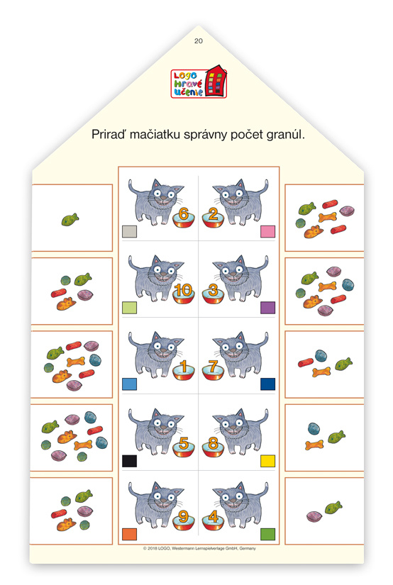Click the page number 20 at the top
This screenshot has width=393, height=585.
click(x=198, y=41)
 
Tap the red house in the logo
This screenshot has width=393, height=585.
click(x=216, y=81)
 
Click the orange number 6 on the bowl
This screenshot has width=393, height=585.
click(x=183, y=213)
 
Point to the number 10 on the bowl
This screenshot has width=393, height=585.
click(x=183, y=290)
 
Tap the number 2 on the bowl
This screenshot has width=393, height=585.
click(x=213, y=213)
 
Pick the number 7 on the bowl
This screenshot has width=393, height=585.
click(x=213, y=367)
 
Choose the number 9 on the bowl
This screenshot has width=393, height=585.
click(x=183, y=517)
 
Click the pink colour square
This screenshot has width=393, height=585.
click(x=267, y=231)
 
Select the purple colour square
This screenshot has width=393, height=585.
click(x=267, y=308)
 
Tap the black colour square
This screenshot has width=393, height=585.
click(x=130, y=461)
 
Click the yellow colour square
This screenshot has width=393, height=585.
click(x=267, y=461)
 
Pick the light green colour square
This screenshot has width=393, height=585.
click(x=130, y=308)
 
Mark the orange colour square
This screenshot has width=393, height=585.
click(x=130, y=534)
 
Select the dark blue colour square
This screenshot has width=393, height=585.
click(x=267, y=384)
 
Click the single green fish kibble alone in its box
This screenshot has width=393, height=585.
click(x=70, y=219)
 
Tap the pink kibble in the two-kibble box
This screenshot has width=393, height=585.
click(x=314, y=517)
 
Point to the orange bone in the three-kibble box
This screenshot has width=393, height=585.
click(x=314, y=445)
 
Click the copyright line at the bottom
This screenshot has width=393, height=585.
click(x=199, y=548)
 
